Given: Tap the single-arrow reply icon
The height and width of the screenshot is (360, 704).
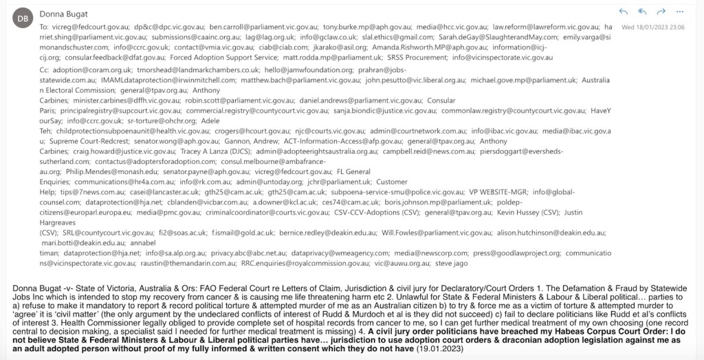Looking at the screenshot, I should (623, 12).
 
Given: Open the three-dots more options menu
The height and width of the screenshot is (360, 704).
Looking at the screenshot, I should (680, 12).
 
